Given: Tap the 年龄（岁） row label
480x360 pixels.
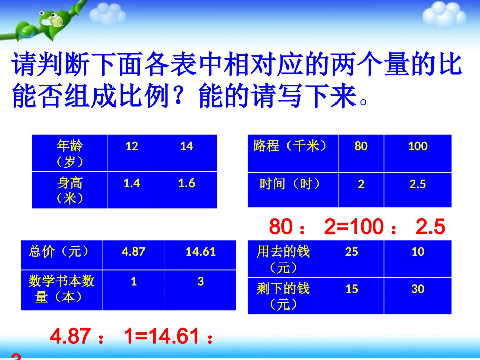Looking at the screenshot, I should pos(70,153).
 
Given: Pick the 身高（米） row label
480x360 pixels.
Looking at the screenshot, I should pos(70,190).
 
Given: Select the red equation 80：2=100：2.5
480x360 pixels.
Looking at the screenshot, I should pos(357,227).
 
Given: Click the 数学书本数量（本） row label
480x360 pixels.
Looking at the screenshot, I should pos(62,289).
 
